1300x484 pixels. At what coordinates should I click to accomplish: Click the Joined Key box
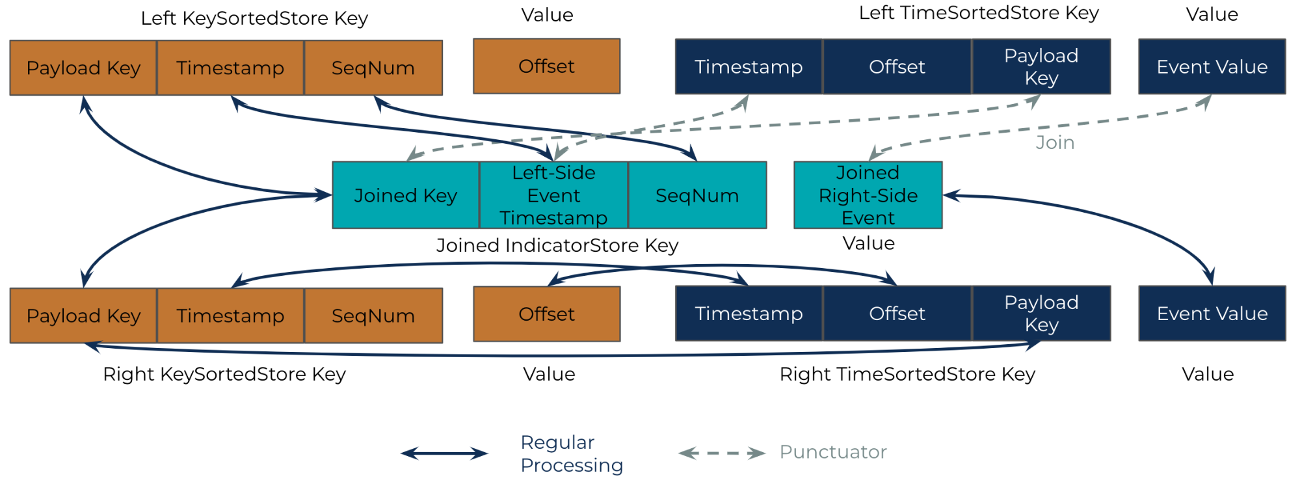click(405, 195)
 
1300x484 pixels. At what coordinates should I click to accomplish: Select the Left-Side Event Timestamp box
click(553, 195)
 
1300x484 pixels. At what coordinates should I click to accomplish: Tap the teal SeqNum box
click(697, 195)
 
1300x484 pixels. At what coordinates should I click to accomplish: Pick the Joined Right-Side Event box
click(868, 195)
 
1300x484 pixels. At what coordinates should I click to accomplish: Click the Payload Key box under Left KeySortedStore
click(83, 68)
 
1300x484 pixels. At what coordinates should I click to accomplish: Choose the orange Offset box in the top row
click(546, 66)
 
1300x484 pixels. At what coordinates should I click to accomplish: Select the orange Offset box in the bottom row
click(546, 314)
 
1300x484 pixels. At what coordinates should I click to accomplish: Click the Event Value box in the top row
click(1212, 66)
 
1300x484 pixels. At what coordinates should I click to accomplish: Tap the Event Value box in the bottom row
click(1212, 314)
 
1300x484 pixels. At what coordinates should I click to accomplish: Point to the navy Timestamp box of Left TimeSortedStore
click(749, 66)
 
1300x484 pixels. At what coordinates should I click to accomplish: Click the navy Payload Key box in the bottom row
click(1041, 314)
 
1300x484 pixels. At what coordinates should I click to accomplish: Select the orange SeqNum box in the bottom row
click(373, 316)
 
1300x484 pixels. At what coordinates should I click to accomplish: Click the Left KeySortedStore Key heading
click(254, 18)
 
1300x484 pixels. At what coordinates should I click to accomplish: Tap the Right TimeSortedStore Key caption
click(907, 374)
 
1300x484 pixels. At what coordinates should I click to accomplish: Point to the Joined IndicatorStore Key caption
click(557, 245)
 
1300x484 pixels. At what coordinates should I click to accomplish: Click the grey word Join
click(1055, 142)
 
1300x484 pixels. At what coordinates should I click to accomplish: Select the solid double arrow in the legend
click(444, 453)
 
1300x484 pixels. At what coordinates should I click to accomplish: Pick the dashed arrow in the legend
click(722, 453)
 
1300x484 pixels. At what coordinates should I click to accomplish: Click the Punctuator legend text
click(833, 452)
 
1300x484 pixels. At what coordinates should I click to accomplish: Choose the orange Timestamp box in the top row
click(230, 68)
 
